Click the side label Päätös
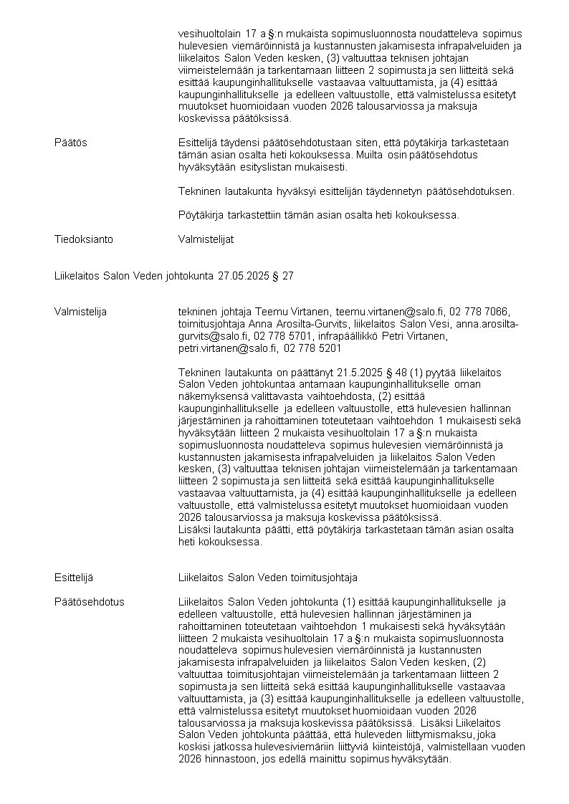pyautogui.click(x=70, y=143)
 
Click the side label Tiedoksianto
pyautogui.click(x=83, y=239)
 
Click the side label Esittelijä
pyautogui.click(x=73, y=578)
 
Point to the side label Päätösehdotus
pyautogui.click(x=89, y=602)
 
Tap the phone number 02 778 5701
pyautogui.click(x=283, y=336)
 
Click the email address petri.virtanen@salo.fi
pyautogui.click(x=227, y=348)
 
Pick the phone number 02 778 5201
pyautogui.click(x=312, y=348)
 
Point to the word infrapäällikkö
pyautogui.click(x=378, y=336)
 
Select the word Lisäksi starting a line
pyautogui.click(x=194, y=530)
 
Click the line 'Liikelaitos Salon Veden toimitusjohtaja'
pyautogui.click(x=267, y=578)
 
